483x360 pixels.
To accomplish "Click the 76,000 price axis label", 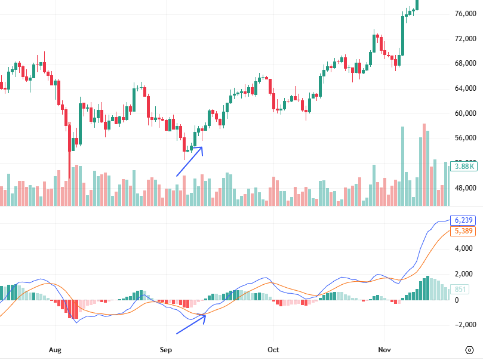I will pos(465,14).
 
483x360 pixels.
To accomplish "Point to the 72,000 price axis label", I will pos(465,39).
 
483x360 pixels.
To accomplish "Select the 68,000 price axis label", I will pos(465,64).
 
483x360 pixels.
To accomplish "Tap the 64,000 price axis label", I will pos(465,88).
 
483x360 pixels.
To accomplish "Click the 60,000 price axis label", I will pos(465,113).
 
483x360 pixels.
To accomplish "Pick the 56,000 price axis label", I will pos(465,139).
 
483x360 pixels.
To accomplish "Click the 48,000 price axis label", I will pos(465,188).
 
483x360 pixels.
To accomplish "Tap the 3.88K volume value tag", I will pos(464,167).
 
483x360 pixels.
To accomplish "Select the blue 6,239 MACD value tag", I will pos(464,220).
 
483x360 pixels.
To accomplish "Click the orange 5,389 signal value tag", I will pos(464,230).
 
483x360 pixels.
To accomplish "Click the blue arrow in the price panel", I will pos(190,161).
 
